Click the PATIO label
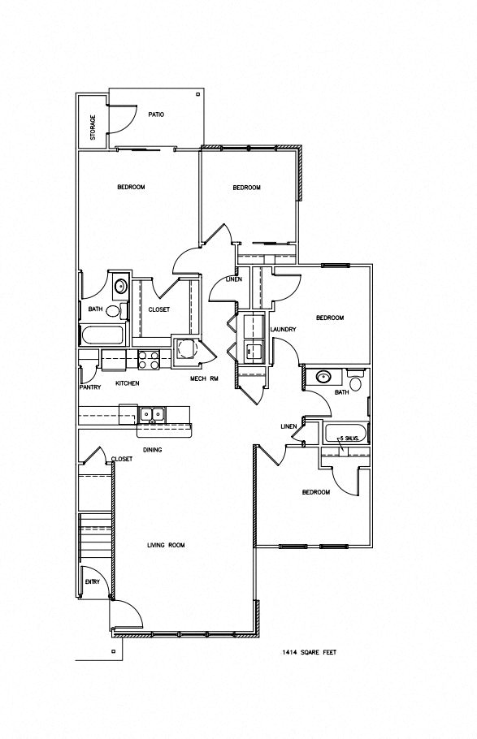pyautogui.click(x=156, y=115)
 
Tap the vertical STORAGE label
pyautogui.click(x=93, y=127)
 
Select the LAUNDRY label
pyautogui.click(x=282, y=329)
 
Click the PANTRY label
pyautogui.click(x=90, y=387)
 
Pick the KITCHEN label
pyautogui.click(x=127, y=382)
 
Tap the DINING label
pyautogui.click(x=154, y=449)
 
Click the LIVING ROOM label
pyautogui.click(x=165, y=545)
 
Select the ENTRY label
pyautogui.click(x=93, y=582)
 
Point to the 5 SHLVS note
pyautogui.click(x=350, y=438)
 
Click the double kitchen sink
pyautogui.click(x=151, y=414)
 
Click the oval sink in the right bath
pyautogui.click(x=323, y=377)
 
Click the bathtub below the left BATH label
pyautogui.click(x=101, y=335)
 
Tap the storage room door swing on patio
pyautogui.click(x=122, y=119)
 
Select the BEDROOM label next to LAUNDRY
pyautogui.click(x=330, y=318)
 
